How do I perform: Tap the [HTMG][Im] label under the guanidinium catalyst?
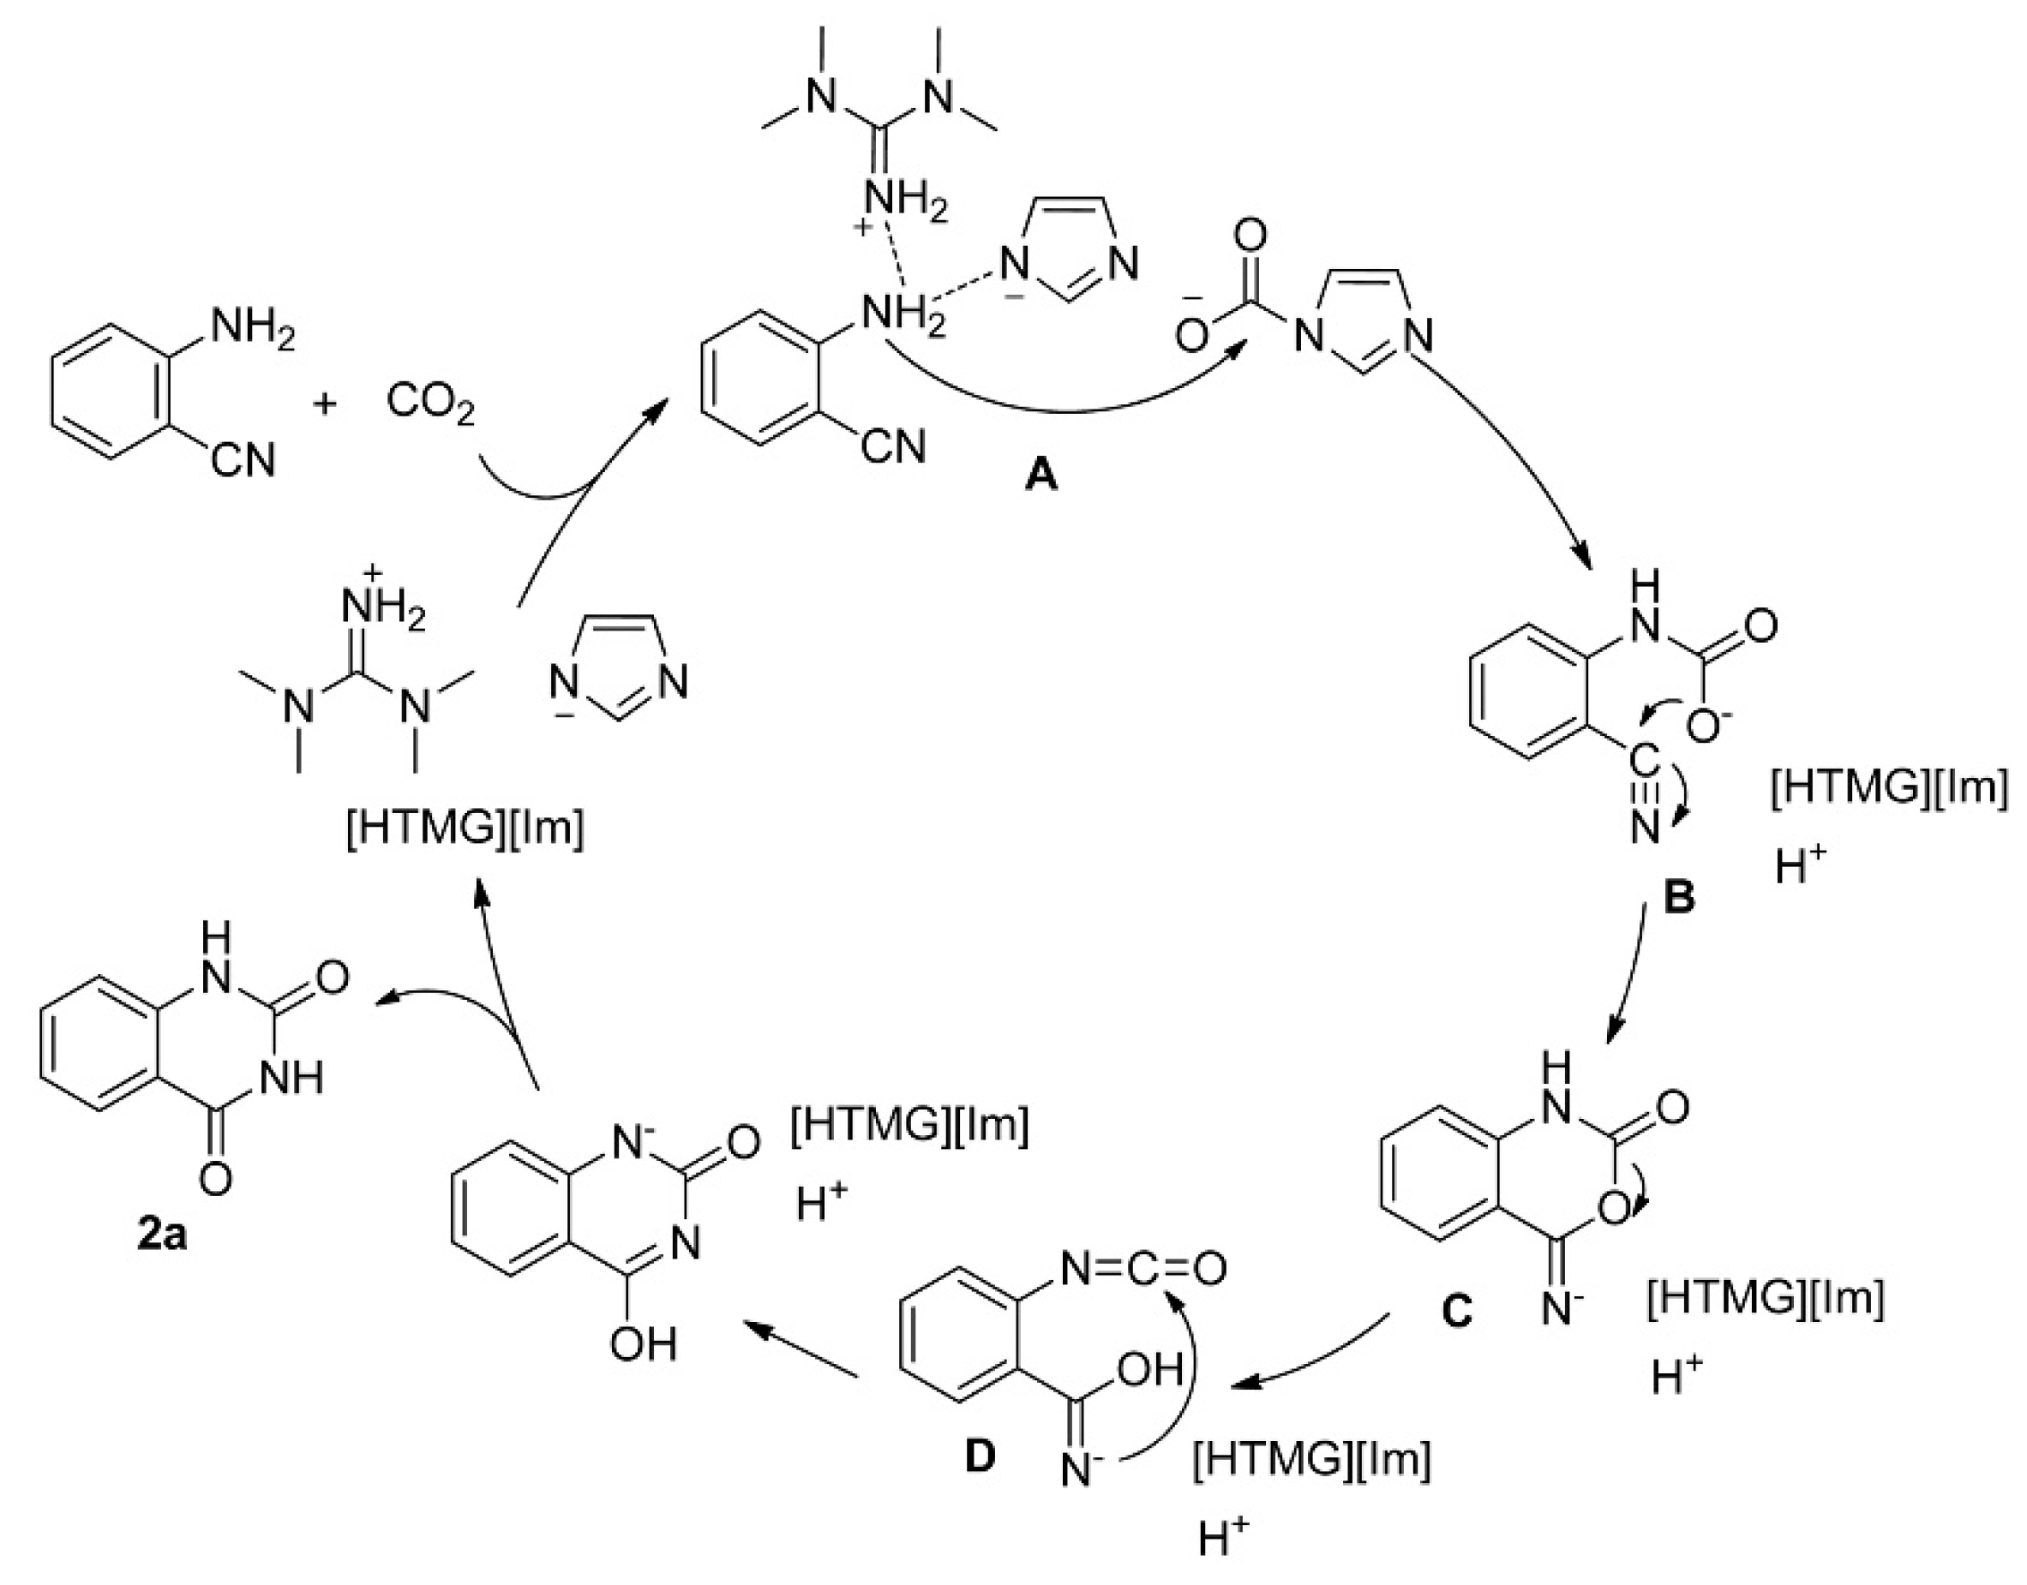click(x=464, y=828)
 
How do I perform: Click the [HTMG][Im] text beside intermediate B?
click(x=1888, y=789)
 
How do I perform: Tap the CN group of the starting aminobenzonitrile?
click(x=243, y=459)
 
